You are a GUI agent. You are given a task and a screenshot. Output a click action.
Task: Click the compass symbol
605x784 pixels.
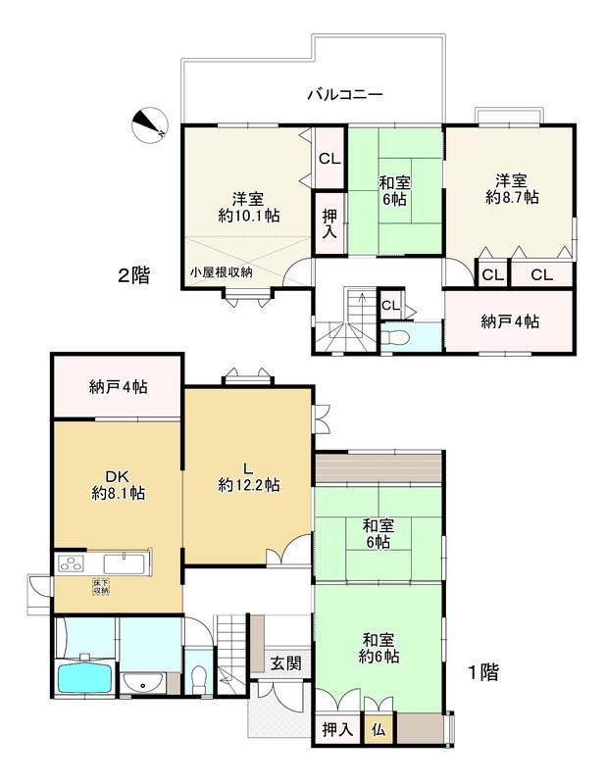pyautogui.click(x=150, y=125)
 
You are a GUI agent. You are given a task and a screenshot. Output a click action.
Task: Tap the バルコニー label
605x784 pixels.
pyautogui.click(x=345, y=94)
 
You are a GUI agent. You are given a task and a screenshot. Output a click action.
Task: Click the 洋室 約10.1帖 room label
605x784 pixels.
pyautogui.click(x=249, y=207)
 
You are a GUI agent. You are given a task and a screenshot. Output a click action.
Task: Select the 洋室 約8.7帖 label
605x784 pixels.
pyautogui.click(x=512, y=188)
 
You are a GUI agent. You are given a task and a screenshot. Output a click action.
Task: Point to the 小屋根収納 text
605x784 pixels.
pyautogui.click(x=221, y=272)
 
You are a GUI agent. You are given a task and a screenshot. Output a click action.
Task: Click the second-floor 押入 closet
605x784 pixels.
pyautogui.click(x=329, y=223)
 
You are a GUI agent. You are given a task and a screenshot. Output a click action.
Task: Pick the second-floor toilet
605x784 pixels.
pyautogui.click(x=396, y=337)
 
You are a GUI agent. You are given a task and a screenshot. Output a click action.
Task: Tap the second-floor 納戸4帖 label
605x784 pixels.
pyautogui.click(x=510, y=321)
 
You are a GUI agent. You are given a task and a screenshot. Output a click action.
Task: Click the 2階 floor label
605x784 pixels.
pyautogui.click(x=133, y=275)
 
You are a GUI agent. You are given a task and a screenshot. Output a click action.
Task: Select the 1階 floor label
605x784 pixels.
pyautogui.click(x=482, y=672)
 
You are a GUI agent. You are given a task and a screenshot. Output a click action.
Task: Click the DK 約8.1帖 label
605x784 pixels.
pyautogui.click(x=118, y=485)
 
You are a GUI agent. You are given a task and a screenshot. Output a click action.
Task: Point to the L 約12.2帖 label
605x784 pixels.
pyautogui.click(x=249, y=476)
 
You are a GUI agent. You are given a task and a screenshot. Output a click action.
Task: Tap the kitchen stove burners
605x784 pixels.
pyautogui.click(x=71, y=564)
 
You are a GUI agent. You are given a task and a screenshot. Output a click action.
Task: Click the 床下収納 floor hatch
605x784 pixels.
pyautogui.click(x=101, y=586)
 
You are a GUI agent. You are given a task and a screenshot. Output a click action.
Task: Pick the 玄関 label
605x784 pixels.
pyautogui.click(x=285, y=663)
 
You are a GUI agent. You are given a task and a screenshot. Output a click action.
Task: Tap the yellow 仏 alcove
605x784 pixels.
pyautogui.click(x=378, y=729)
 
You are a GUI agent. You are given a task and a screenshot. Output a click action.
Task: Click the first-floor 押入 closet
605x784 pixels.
pyautogui.click(x=337, y=730)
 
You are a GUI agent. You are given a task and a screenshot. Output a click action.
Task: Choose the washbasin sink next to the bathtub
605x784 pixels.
pyautogui.click(x=142, y=683)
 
